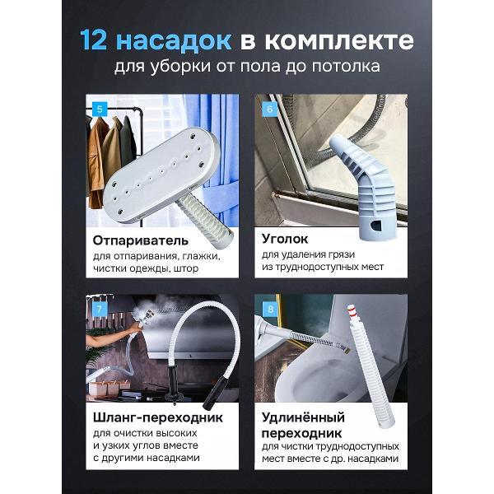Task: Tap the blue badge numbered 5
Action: point(100,108)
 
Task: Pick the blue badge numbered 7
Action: point(100,310)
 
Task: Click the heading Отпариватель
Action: point(141,240)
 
